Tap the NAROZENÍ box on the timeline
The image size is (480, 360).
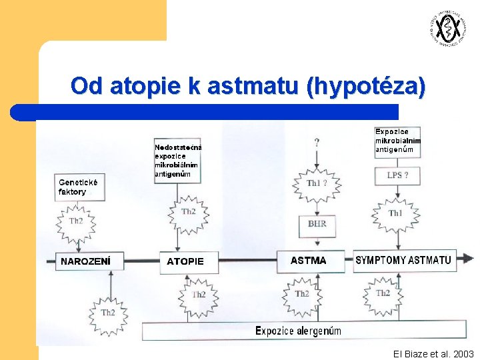pos(85,261)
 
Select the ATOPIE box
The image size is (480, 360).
pos(185,261)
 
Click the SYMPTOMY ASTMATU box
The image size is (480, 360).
pos(403,260)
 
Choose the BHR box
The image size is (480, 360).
pos(317,224)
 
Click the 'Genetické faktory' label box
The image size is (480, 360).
pos(79,187)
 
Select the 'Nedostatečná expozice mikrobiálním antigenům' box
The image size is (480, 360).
pos(177,161)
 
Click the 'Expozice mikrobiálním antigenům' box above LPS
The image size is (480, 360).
pos(398,141)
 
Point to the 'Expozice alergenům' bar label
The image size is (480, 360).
pos(298,331)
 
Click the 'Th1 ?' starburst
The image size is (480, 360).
pos(317,183)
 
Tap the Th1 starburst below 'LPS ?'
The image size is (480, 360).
pos(396,213)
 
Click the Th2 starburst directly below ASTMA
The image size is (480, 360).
pos(301,293)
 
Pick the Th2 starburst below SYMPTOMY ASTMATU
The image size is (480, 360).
pos(383,293)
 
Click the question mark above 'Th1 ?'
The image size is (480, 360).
pos(317,142)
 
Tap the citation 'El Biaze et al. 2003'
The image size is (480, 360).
pos(433,353)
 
